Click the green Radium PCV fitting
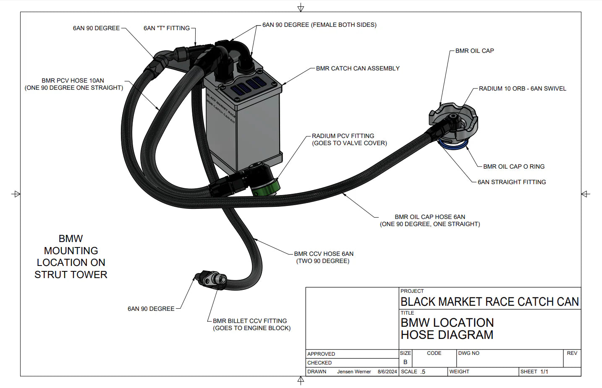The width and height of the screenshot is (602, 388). coord(266,187)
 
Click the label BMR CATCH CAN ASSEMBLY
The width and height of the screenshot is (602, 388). coord(357,68)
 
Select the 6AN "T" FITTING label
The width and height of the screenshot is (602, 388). coord(166,28)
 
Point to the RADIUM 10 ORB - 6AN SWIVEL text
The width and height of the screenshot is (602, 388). coord(522,89)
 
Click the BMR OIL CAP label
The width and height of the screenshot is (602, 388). coord(474,51)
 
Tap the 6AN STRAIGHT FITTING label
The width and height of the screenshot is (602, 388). coord(511,182)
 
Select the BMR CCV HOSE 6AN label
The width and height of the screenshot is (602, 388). coord(323,254)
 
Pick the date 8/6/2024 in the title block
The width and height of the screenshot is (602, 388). coord(387,372)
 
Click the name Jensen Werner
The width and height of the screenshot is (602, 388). coord(354,372)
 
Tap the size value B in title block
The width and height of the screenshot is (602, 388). coord(405,362)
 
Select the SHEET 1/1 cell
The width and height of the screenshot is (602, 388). coord(534,372)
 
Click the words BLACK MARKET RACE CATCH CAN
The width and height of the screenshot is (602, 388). coord(489,302)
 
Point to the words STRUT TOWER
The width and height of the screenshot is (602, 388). coord(71,275)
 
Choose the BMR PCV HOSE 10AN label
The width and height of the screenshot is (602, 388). coord(73,81)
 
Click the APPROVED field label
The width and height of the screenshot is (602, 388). coord(321,354)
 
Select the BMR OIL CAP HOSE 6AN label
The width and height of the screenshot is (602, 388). coord(429,217)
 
